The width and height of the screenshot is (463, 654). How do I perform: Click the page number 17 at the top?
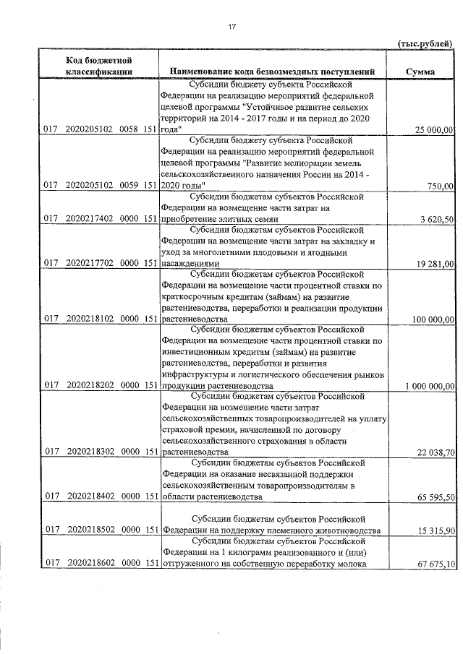pyautogui.click(x=232, y=27)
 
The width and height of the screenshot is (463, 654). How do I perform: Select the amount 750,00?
pyautogui.click(x=441, y=185)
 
